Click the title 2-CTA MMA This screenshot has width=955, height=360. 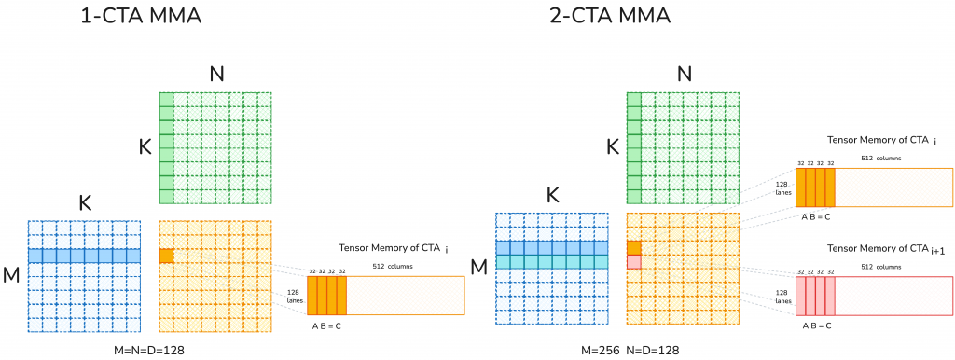coord(613,17)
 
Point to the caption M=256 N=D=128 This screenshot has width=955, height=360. coord(627,348)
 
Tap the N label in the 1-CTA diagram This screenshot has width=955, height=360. coord(216,75)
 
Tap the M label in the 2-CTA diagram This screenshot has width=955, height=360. coord(479,269)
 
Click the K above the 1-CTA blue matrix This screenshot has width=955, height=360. coord(84,202)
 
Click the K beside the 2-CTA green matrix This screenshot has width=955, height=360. coord(613,146)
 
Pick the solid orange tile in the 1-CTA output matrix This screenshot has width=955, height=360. coord(166,256)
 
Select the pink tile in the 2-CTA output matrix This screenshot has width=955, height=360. coord(634,262)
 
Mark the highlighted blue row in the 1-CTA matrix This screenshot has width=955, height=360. coord(84,256)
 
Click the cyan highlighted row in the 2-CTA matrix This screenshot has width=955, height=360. coord(552,262)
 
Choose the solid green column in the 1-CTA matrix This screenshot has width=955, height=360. coord(166,148)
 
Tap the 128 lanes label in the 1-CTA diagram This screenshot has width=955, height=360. coord(294,296)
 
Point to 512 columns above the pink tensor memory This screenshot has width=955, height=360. coord(881,267)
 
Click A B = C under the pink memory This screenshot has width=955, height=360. coord(816,325)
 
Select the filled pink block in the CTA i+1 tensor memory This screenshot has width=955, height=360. coord(815,296)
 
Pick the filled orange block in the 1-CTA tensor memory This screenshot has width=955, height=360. coord(326,296)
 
